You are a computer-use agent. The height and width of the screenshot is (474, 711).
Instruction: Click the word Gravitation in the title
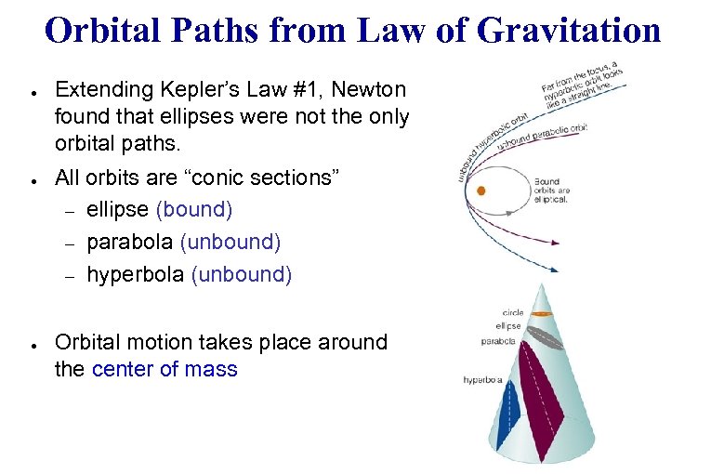[x=569, y=31]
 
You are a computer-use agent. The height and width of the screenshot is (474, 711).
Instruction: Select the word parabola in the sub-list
[x=130, y=242]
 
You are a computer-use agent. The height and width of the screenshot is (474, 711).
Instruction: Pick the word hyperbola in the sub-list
[x=135, y=274]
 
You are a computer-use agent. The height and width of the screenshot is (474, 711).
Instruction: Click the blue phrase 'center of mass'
[x=165, y=369]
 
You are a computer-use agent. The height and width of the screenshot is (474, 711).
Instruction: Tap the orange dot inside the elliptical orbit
[x=481, y=191]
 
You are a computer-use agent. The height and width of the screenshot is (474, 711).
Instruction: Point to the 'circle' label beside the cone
[x=513, y=313]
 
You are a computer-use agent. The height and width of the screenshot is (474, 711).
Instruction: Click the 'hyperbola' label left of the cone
[x=483, y=380]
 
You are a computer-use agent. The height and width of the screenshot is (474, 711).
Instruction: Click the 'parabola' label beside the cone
[x=499, y=341]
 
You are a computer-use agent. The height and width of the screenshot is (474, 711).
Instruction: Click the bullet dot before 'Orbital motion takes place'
[x=33, y=344]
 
